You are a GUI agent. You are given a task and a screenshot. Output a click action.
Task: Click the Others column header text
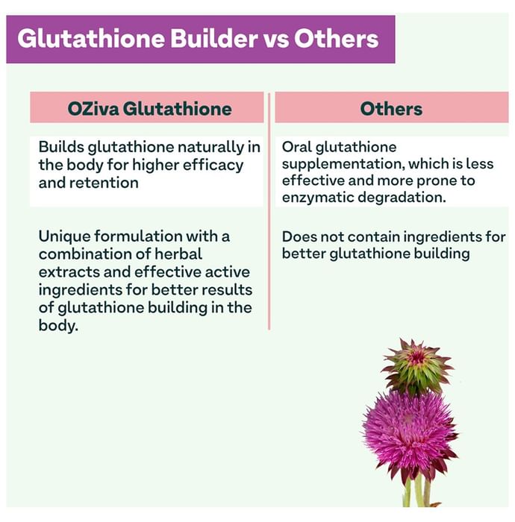[x=391, y=109]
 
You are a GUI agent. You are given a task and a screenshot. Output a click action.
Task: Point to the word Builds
[x=60, y=147]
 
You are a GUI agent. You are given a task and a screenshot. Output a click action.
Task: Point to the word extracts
[x=66, y=271]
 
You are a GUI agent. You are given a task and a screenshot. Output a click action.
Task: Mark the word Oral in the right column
[x=296, y=147]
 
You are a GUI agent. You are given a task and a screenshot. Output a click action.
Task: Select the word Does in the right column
[x=298, y=236]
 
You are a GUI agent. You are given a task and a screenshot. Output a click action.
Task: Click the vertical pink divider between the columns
[x=269, y=224]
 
